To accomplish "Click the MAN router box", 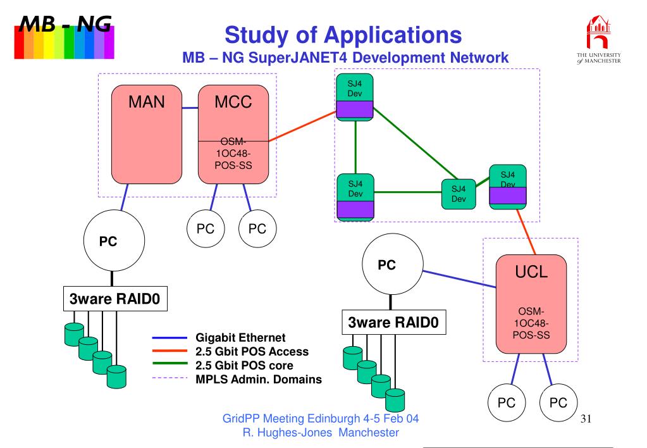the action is click(x=147, y=134).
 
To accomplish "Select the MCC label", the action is click(x=233, y=102).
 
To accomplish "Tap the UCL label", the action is click(x=531, y=271).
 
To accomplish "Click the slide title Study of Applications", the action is click(x=343, y=35).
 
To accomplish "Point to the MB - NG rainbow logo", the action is click(x=65, y=37).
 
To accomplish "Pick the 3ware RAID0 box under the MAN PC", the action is click(x=115, y=299).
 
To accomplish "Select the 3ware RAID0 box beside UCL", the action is click(x=393, y=322).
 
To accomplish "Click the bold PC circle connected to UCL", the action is click(x=392, y=264).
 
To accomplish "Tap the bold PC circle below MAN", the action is click(x=114, y=240).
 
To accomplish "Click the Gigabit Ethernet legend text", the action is click(x=240, y=338).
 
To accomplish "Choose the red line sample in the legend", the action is click(x=169, y=351).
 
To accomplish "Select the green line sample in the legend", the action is click(x=169, y=364).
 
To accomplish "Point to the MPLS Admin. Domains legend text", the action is click(x=258, y=380).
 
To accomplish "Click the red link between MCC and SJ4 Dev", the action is click(x=302, y=126).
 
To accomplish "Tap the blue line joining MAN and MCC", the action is click(x=190, y=108).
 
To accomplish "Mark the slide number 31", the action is click(x=586, y=419).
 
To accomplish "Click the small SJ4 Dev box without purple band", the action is click(x=459, y=194).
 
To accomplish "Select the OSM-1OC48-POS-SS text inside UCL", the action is click(x=531, y=323).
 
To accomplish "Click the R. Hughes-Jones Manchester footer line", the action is click(x=321, y=433).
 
